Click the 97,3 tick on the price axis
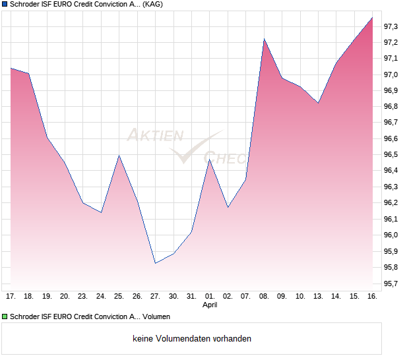point(391,26)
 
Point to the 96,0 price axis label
point(391,235)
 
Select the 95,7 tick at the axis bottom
point(391,284)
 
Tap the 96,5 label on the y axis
point(391,155)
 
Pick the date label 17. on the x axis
point(11,297)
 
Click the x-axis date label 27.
point(155,297)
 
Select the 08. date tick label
point(264,297)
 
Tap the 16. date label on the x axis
point(372,297)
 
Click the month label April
point(210,305)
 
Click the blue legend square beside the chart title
point(5,4)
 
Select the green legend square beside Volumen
point(5,317)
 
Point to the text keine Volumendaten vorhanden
point(192,339)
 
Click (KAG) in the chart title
point(154,4)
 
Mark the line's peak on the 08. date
point(264,39)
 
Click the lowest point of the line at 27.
point(155,263)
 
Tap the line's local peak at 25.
point(119,156)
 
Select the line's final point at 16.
point(372,18)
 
